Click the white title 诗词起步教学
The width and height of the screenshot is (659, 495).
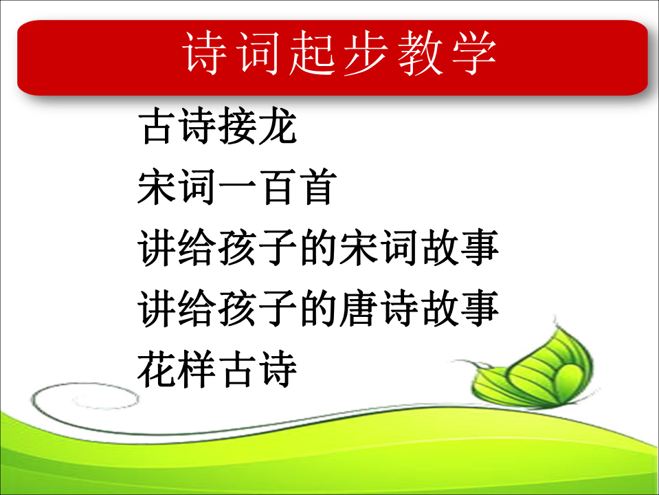click(x=339, y=54)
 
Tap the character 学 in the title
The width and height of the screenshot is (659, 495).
click(x=475, y=54)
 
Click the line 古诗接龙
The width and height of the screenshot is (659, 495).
click(x=217, y=126)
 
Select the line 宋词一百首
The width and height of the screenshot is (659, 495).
click(x=238, y=187)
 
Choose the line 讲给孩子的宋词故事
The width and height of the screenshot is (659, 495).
click(x=318, y=247)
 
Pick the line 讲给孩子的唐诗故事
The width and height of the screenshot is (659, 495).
click(x=318, y=308)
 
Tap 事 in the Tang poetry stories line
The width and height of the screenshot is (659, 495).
click(x=480, y=308)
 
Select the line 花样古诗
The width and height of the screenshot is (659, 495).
click(x=217, y=369)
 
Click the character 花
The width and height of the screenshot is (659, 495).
click(x=157, y=369)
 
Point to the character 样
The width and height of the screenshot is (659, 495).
click(x=197, y=369)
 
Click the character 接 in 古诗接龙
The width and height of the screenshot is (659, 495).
click(x=238, y=126)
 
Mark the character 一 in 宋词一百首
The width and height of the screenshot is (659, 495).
click(x=238, y=188)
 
